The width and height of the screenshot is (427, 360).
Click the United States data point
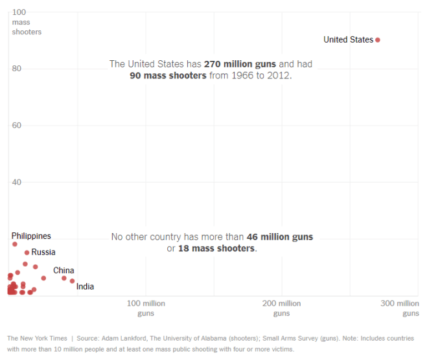point(378,40)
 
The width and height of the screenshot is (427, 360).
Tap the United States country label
point(348,40)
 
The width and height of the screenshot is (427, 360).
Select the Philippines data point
point(15,244)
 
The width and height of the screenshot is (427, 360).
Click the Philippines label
point(31,236)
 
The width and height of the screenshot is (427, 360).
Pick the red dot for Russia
point(27,253)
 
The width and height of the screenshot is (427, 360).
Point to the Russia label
point(43,253)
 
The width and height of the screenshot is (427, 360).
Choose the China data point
point(64,278)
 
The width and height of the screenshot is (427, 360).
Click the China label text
point(63,271)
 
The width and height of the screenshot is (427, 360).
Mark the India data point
point(73,281)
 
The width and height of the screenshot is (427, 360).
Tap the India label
point(86,287)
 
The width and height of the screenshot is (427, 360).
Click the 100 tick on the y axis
point(19,12)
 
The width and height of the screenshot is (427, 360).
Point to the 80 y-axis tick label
point(17,69)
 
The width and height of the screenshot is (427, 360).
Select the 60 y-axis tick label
point(17,126)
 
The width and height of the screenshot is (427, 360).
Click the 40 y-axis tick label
point(17,182)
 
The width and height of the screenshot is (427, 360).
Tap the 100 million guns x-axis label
point(146,308)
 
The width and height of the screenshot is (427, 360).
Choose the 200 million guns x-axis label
point(281,308)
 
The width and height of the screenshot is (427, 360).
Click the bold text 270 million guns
point(240,64)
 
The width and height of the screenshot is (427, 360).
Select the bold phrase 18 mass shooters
point(217,249)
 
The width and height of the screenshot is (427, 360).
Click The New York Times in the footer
point(36,339)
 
